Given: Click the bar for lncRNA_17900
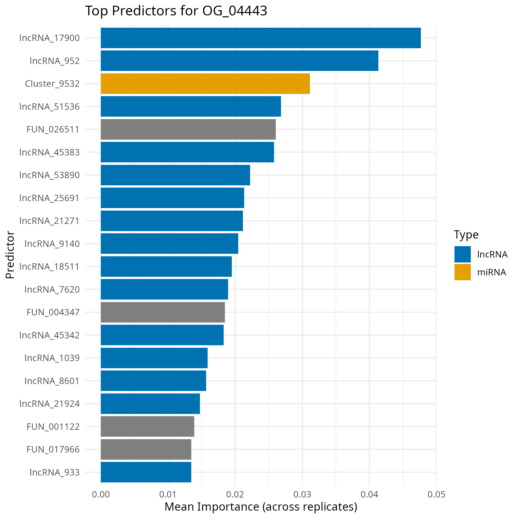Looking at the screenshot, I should click(x=260, y=38).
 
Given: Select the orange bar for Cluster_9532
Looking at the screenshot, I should click(x=205, y=84).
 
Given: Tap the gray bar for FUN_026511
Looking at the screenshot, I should click(x=188, y=129).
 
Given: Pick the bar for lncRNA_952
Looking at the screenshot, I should click(x=239, y=61).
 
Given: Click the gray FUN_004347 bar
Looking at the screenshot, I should click(x=163, y=312).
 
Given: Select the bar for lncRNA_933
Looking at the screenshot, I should click(x=146, y=472).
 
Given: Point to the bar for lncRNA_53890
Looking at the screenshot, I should click(x=175, y=175).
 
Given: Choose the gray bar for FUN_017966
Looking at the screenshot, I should click(x=146, y=449).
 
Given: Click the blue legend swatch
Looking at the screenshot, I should click(x=463, y=254).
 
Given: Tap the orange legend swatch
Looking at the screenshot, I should click(x=463, y=272).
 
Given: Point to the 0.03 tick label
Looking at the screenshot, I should click(x=302, y=494).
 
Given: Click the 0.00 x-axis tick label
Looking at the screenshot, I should click(x=101, y=494).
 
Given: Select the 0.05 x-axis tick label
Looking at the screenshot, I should click(x=436, y=494).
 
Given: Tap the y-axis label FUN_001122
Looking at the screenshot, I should click(x=53, y=427).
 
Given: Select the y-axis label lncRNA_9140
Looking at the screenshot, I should click(x=52, y=244).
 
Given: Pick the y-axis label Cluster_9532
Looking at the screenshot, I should click(x=52, y=84).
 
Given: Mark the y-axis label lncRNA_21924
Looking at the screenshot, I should click(x=49, y=404).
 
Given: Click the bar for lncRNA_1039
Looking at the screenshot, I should click(x=154, y=358).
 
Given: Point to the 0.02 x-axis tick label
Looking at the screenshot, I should click(x=235, y=494).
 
